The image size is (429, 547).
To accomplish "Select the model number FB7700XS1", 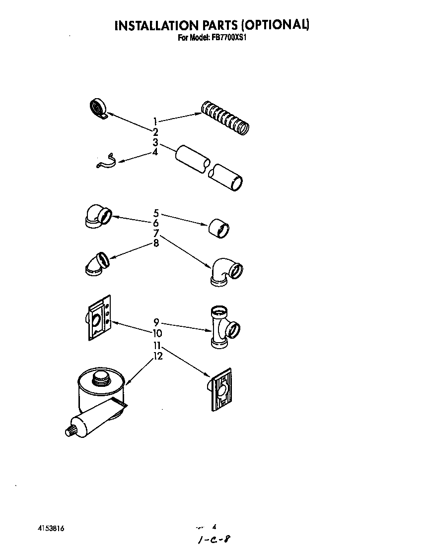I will pos(229,37).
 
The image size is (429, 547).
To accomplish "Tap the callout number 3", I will pos(155,142).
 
